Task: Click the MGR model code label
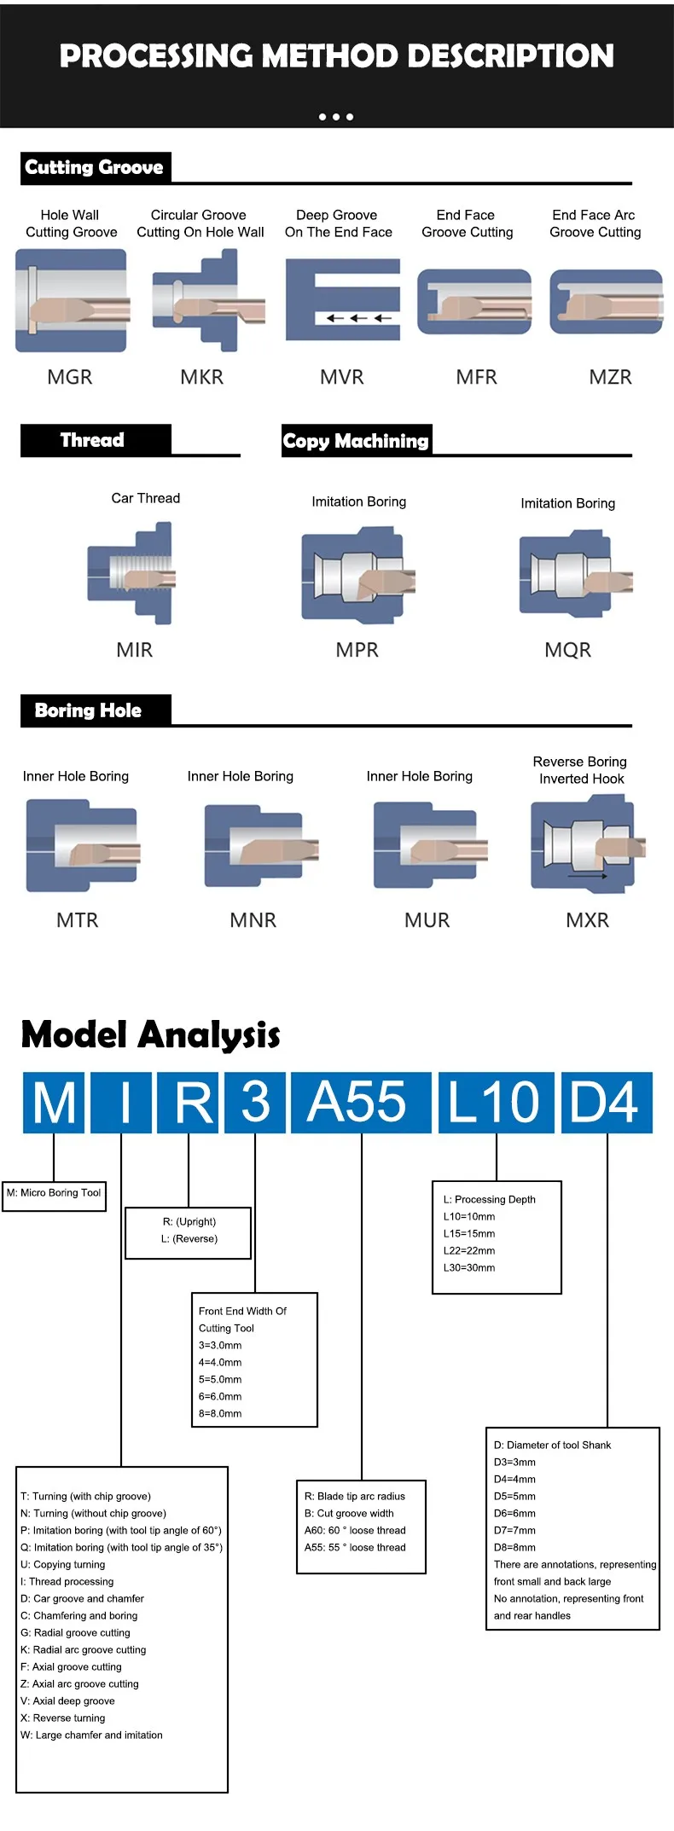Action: (x=70, y=377)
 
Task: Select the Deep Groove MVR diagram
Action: (x=342, y=300)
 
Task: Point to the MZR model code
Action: (x=611, y=377)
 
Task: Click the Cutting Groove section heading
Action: (x=95, y=167)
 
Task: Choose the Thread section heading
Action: (x=93, y=440)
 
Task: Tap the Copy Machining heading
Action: (x=356, y=441)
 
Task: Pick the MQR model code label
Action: (x=567, y=650)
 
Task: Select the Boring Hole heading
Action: (x=89, y=710)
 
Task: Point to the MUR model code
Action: (x=427, y=920)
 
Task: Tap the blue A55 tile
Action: (x=360, y=1102)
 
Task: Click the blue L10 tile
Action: (x=495, y=1102)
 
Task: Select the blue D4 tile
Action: (x=606, y=1102)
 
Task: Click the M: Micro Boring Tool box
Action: (x=55, y=1193)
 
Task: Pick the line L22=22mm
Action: (x=469, y=1251)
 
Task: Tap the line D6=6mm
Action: (x=515, y=1514)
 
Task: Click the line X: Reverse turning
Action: (x=63, y=1718)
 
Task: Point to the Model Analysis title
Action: (x=150, y=1034)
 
